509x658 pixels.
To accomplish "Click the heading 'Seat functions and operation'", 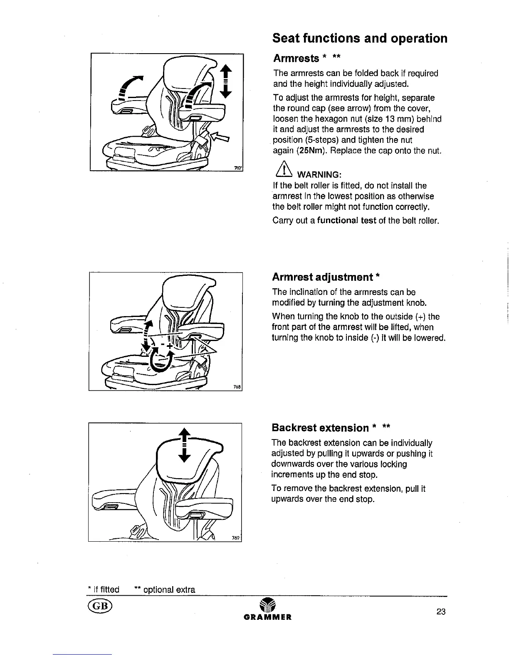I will point(360,38).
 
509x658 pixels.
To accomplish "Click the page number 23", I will point(441,611).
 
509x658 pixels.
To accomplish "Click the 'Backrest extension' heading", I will point(320,427).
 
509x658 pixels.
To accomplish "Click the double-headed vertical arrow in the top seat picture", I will point(225,82).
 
